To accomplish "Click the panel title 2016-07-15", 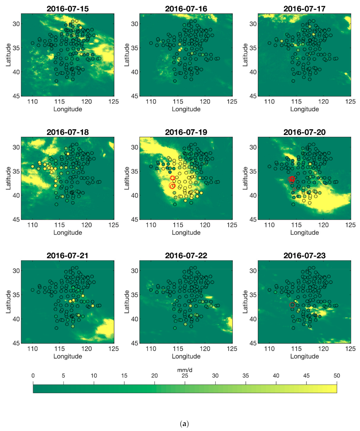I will (67, 8).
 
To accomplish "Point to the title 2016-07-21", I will (67, 256).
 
